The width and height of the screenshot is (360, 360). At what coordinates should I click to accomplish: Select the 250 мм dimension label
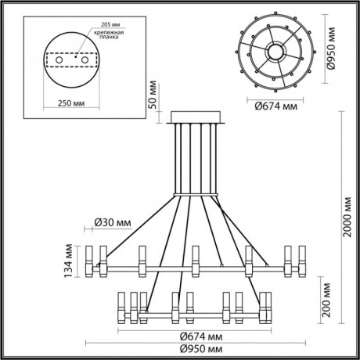click(x=70, y=102)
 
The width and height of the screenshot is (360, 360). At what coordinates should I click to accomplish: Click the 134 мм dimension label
click(x=69, y=261)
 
